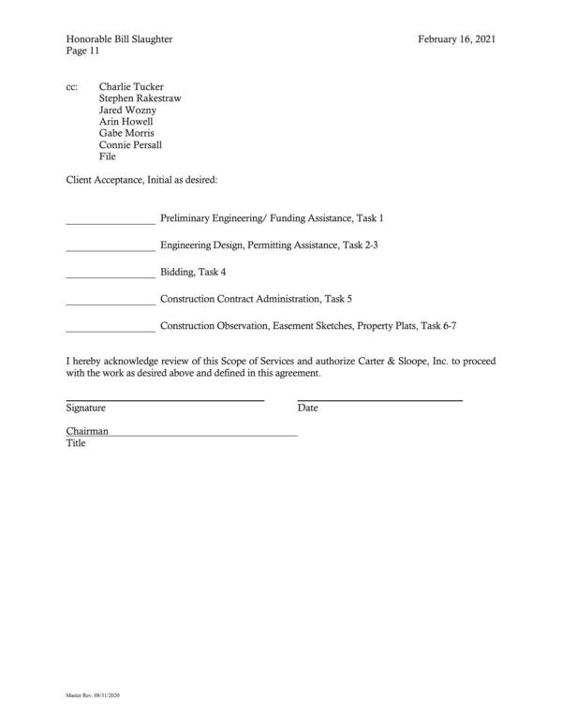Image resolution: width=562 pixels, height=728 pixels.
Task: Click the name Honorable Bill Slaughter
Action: (x=119, y=39)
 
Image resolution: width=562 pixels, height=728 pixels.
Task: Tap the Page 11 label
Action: (x=83, y=52)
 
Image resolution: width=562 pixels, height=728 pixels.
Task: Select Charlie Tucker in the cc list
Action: (x=130, y=85)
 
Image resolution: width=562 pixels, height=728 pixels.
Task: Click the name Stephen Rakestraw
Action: (x=140, y=97)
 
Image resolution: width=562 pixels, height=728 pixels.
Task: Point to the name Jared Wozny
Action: (x=127, y=110)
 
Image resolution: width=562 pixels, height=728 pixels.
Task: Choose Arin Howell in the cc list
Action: (x=126, y=121)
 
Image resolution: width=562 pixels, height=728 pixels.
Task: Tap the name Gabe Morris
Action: (x=127, y=133)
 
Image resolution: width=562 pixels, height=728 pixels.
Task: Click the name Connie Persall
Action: (x=131, y=145)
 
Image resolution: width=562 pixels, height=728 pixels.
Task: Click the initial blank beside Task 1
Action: (x=111, y=222)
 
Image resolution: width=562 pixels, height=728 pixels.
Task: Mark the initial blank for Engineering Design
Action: (x=111, y=249)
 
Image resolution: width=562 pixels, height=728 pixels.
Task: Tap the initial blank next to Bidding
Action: (x=111, y=276)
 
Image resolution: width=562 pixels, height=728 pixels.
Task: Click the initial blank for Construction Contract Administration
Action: (x=111, y=304)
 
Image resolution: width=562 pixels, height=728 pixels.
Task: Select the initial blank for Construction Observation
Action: (x=111, y=331)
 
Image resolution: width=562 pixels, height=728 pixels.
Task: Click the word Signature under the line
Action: (x=85, y=409)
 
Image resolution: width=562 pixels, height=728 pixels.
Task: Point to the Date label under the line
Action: (x=308, y=409)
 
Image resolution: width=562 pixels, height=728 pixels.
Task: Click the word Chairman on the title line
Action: (x=87, y=431)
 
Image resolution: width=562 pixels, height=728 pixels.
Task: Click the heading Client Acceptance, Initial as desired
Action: (x=141, y=178)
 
